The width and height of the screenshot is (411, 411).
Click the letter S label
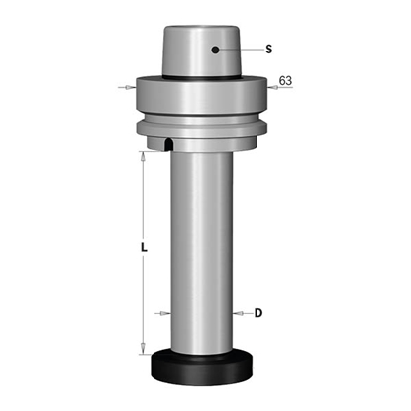[x=270, y=48]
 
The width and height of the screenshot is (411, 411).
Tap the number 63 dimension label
[x=285, y=78]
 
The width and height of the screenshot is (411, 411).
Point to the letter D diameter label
[x=258, y=313]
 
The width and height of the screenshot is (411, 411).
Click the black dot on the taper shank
[x=215, y=48]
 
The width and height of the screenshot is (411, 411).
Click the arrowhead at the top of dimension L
[x=144, y=157]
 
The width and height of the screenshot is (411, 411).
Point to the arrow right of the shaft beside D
[x=240, y=313]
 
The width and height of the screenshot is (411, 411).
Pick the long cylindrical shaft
[x=202, y=248]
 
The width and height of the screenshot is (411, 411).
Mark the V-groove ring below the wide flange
[x=202, y=125]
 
